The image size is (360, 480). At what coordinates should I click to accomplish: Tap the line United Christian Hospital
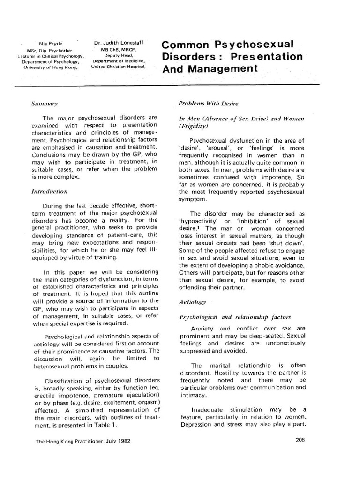[x=118, y=66]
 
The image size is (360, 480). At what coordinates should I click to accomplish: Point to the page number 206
[x=301, y=439]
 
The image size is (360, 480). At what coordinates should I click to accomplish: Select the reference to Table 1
[x=100, y=425]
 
